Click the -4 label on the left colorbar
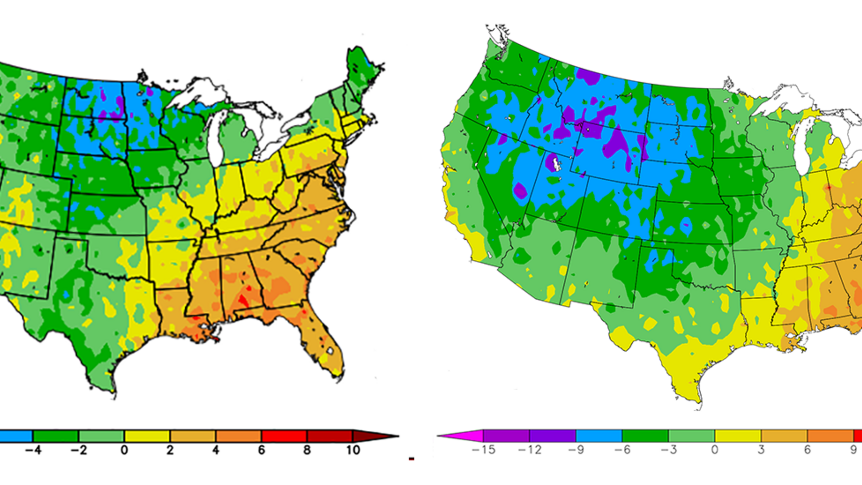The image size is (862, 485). point(33,450)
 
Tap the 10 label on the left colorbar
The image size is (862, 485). point(353,450)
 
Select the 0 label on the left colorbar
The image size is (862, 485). point(124,450)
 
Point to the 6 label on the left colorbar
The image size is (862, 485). point(261,450)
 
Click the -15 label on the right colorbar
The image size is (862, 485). point(483,450)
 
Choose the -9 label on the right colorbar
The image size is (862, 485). point(576,450)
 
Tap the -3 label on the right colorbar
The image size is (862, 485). point(669,450)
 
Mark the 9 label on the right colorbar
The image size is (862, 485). point(853,450)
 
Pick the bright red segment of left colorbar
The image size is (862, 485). point(284,435)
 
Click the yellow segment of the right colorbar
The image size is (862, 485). point(738,435)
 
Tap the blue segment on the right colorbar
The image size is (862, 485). point(599,435)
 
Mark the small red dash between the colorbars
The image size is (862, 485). point(412,459)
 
